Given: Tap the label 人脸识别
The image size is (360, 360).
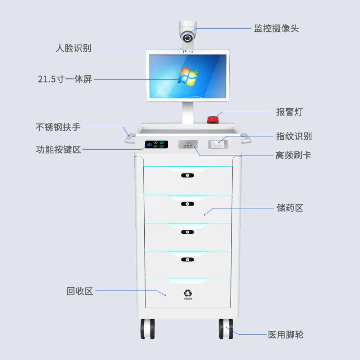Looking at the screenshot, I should point(73,48).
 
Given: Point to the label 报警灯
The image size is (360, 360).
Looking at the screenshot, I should point(289,112).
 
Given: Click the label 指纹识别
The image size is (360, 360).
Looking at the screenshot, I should point(294,136).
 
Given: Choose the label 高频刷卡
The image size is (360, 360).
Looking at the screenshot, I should point(293,156).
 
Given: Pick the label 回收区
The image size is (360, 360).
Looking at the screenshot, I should point(80,291).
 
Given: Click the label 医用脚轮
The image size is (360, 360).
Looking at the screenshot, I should point(285,335).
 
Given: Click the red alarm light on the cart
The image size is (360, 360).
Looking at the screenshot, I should point(212,119).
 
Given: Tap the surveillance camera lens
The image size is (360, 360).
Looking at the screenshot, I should point(188,37).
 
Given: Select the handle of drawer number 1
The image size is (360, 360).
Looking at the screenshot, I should point(187,175).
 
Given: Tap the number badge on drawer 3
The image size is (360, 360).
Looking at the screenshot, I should point(187,232).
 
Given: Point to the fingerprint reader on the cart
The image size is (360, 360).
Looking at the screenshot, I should point(218,144).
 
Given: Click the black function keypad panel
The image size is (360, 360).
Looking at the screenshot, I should point(156,145).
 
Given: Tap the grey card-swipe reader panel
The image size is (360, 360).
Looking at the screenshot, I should point(188,144).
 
